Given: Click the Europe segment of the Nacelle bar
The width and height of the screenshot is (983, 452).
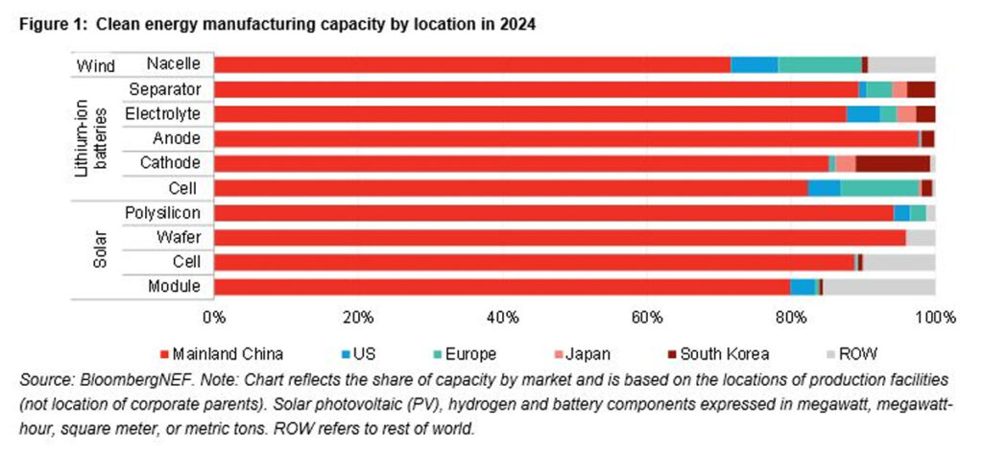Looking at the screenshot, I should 819,64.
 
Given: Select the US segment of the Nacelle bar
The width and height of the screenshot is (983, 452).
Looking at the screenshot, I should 754,64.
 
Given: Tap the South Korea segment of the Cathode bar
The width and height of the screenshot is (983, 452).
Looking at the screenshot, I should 892,163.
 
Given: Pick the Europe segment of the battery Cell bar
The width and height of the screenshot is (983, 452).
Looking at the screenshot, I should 879,188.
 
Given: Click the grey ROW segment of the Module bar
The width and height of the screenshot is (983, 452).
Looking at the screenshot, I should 878,286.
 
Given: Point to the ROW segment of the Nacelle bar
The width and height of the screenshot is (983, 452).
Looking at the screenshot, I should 901,64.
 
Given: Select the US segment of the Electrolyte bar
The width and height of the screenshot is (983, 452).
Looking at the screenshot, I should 863,114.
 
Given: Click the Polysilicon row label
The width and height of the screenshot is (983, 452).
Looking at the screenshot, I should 163,212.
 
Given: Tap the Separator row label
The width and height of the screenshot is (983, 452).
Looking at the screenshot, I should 164,89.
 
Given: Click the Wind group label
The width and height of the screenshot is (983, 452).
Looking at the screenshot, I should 95,65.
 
